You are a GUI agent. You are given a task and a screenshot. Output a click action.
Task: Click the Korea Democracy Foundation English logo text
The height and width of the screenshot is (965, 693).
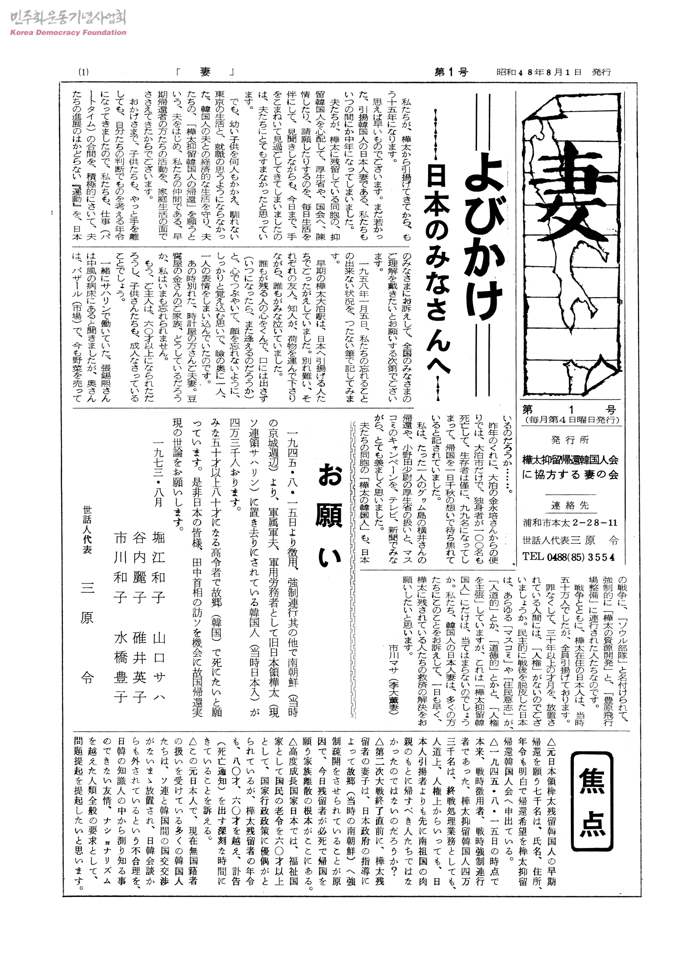coord(68,32)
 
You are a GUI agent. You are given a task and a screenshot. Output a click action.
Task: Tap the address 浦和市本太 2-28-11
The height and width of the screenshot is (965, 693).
coord(569,523)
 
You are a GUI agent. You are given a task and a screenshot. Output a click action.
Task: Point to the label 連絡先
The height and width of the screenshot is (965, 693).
coord(570,505)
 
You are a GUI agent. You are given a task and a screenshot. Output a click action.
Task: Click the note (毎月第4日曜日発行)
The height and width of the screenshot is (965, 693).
coord(572,420)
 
